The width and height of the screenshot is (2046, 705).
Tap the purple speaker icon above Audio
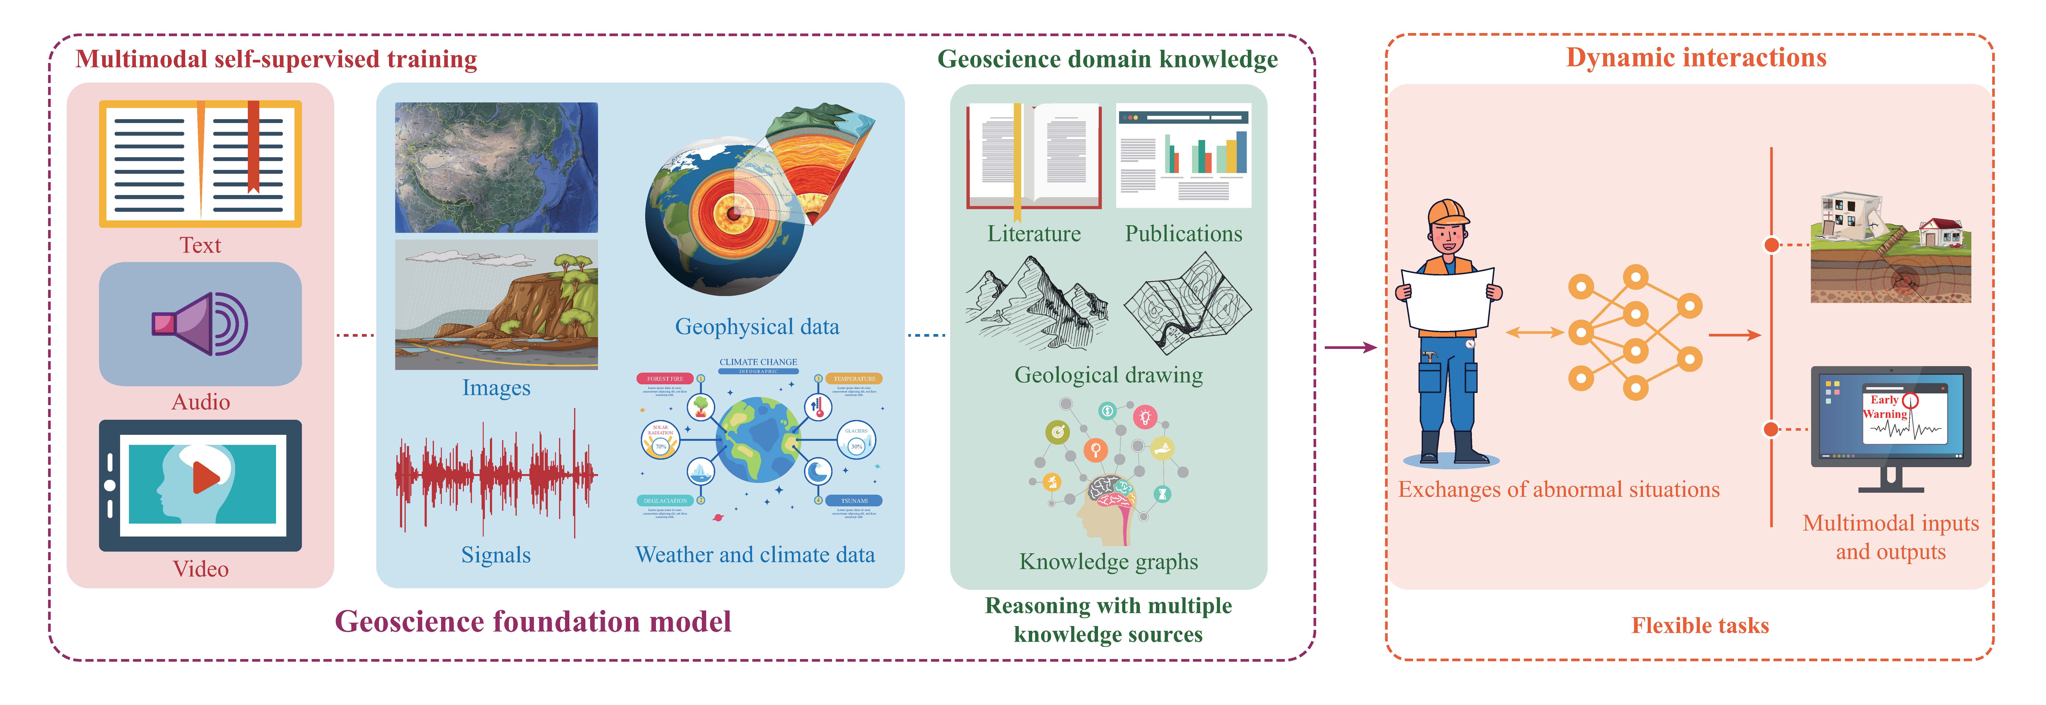(200, 324)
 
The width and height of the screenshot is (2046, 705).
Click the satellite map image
(496, 167)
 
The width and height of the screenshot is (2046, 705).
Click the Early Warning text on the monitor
(1885, 407)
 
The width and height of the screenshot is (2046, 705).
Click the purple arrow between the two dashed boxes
(1350, 347)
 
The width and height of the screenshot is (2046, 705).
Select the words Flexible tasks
(1700, 626)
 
